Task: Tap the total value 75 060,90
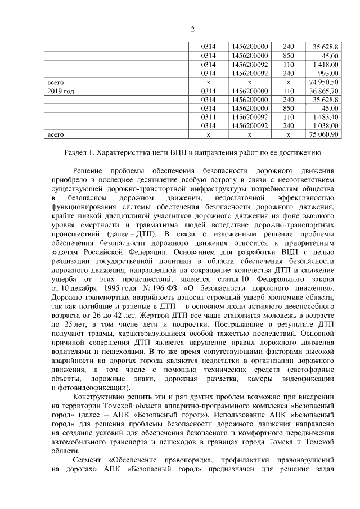[x=323, y=135]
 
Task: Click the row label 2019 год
[x=61, y=91]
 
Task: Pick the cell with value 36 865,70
[x=325, y=91]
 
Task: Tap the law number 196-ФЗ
[x=163, y=289]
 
